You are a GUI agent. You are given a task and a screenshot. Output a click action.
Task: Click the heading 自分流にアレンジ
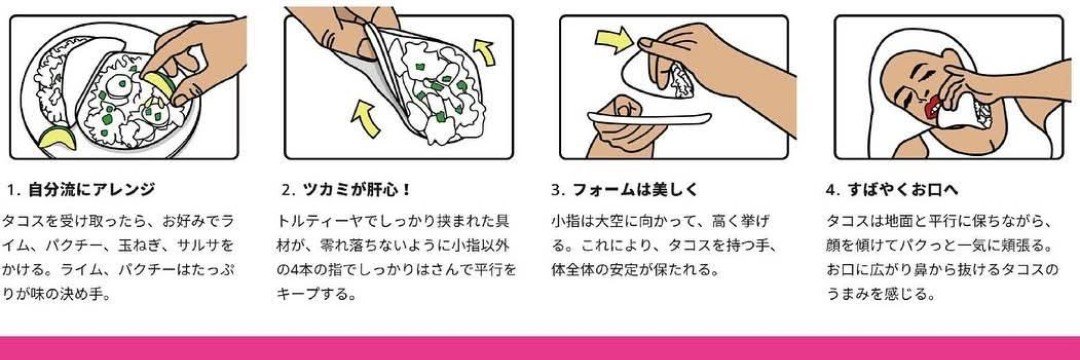(91, 189)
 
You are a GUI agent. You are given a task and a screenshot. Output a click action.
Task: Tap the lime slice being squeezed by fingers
(159, 84)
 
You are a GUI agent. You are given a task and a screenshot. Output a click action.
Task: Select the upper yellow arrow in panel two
(485, 52)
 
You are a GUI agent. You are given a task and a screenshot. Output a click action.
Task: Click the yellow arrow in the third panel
(614, 39)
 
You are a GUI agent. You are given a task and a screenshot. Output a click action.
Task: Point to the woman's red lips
(934, 107)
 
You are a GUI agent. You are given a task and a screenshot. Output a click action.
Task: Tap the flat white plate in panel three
(647, 118)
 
